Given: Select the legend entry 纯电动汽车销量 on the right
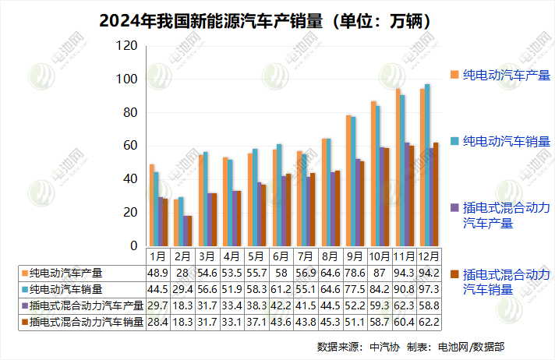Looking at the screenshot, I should (x=506, y=141).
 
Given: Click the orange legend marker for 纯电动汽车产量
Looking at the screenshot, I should (x=454, y=75).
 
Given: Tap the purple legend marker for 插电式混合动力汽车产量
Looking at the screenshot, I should (x=454, y=207).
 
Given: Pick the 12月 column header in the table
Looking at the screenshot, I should (x=428, y=256).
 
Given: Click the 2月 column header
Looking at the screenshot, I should (x=184, y=256).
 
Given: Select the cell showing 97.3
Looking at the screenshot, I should (x=428, y=289).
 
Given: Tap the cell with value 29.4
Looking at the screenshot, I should (x=184, y=289).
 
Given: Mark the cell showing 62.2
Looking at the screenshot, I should (x=428, y=322).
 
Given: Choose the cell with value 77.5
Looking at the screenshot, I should (x=354, y=289).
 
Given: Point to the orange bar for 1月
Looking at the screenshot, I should (x=152, y=206).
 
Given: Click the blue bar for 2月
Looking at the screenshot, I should (x=182, y=221).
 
